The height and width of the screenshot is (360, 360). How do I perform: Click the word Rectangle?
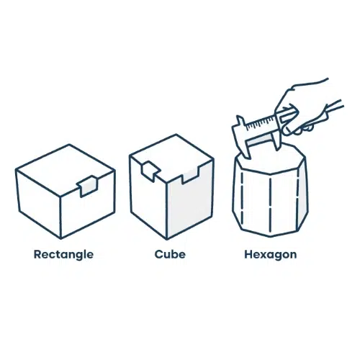click(x=63, y=255)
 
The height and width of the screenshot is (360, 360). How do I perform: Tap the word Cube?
click(x=170, y=254)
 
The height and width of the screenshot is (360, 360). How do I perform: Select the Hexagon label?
click(x=271, y=255)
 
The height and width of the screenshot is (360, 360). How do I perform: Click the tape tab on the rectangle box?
click(x=88, y=186)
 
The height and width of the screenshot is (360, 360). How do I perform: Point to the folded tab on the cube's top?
click(x=150, y=171)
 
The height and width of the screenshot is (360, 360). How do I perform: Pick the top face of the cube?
click(x=171, y=156)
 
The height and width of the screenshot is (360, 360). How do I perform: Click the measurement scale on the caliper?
click(x=261, y=122)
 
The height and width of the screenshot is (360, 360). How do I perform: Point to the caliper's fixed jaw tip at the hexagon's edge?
click(x=248, y=157)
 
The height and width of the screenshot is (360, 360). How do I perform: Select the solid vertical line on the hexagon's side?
click(x=271, y=207)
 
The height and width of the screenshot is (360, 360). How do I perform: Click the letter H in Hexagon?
click(x=248, y=254)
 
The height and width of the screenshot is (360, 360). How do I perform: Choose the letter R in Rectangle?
click(x=37, y=254)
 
